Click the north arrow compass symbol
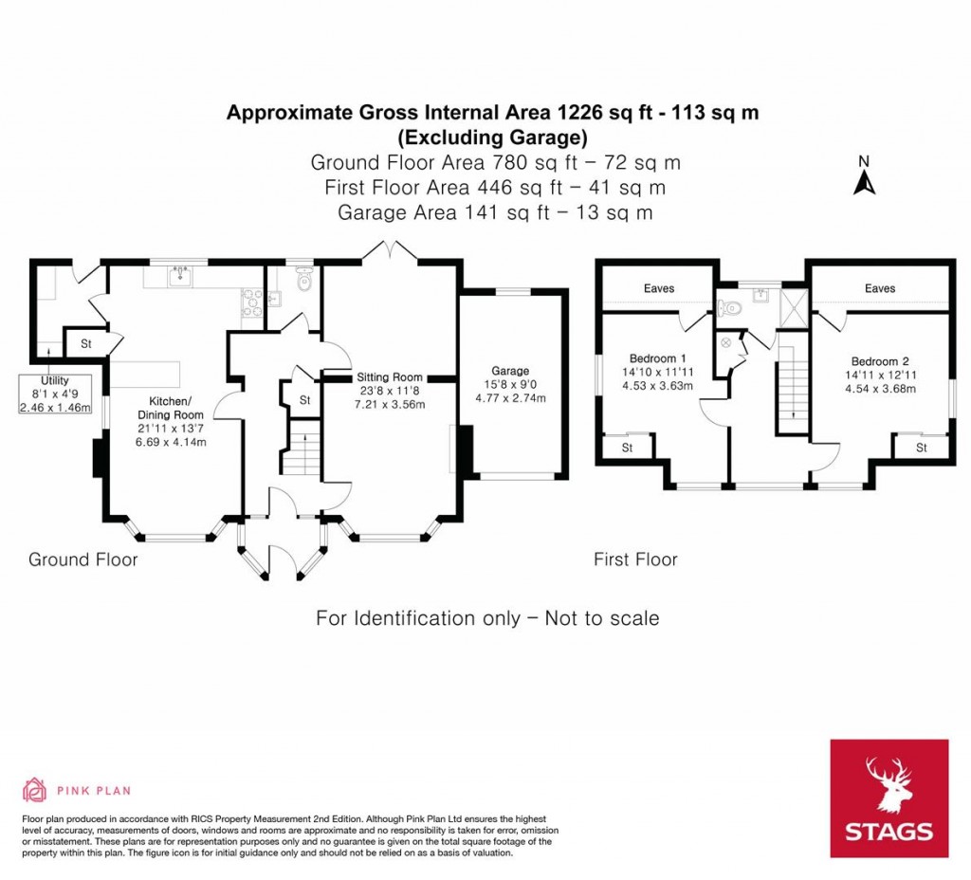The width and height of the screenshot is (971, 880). click(x=863, y=176)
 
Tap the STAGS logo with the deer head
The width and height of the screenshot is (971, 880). click(x=889, y=798)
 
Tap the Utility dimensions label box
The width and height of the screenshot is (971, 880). click(x=54, y=394)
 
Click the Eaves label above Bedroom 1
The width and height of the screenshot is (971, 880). click(x=659, y=288)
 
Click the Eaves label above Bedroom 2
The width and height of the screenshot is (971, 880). click(x=880, y=288)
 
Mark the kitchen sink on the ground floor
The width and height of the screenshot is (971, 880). click(x=178, y=276)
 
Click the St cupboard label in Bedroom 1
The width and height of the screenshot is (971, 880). click(x=628, y=449)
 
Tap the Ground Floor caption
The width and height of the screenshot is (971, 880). click(x=82, y=559)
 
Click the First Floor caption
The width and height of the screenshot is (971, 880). click(x=635, y=559)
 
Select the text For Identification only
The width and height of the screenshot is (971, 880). click(x=417, y=618)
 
